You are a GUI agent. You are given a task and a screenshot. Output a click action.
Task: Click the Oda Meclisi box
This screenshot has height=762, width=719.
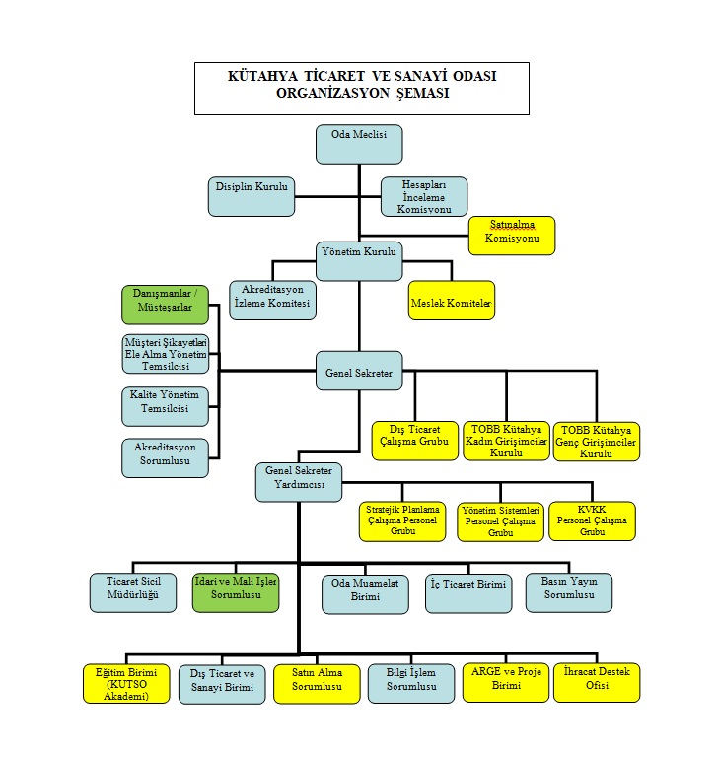point(359,144)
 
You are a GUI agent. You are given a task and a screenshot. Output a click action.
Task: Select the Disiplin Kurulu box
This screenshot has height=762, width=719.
point(252,197)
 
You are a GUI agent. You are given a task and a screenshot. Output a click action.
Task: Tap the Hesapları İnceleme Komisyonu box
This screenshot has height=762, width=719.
point(424,197)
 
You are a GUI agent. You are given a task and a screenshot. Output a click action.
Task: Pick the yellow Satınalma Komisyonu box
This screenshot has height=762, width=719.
point(512,236)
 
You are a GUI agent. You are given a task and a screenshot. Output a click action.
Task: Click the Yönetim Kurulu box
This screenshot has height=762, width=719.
point(359,261)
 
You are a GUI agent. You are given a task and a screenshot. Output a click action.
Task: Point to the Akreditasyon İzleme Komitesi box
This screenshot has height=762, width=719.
point(272,301)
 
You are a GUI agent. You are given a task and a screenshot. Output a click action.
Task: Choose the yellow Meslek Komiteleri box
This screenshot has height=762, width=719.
point(452,301)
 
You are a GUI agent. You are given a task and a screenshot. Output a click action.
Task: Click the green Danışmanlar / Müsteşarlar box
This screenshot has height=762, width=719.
point(166,305)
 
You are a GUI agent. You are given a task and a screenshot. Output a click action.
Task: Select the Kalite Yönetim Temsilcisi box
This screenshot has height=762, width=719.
point(166,407)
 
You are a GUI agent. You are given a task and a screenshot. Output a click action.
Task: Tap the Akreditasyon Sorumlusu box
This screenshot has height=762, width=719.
point(166,458)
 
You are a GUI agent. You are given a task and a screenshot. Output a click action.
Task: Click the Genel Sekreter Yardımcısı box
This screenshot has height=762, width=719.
point(299,482)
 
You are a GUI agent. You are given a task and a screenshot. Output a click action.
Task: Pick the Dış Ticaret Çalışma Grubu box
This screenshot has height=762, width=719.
point(414,441)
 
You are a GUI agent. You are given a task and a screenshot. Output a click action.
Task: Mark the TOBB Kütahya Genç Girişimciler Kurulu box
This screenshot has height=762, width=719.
point(597,442)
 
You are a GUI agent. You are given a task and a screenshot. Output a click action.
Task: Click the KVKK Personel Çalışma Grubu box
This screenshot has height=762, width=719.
point(592,520)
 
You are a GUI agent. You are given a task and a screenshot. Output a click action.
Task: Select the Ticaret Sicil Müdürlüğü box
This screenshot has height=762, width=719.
point(133,592)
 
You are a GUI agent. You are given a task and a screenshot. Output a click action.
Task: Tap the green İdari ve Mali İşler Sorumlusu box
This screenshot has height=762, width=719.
point(236,592)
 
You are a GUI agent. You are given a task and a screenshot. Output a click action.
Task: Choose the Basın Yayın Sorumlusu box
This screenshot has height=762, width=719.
point(569,592)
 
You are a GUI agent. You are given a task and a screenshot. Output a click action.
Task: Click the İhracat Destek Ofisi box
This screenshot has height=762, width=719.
point(597,683)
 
